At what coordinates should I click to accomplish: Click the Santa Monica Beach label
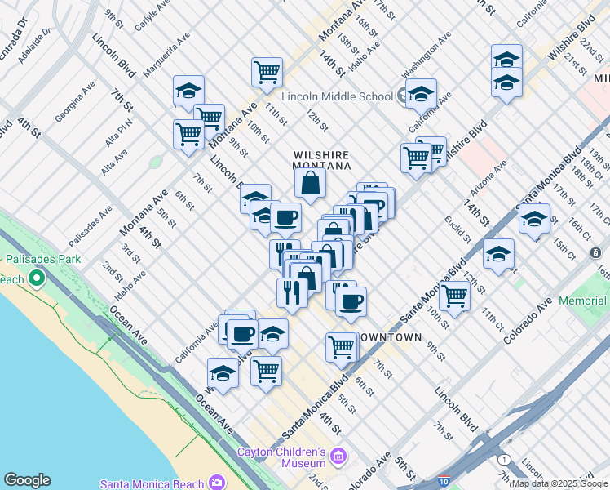(152, 483)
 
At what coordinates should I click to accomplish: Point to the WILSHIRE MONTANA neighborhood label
(321, 160)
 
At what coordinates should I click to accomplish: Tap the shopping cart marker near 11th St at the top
(267, 71)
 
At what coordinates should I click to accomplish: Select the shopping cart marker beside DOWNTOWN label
(342, 346)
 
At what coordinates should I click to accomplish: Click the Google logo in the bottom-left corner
(27, 480)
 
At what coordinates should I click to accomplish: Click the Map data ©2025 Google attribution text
(559, 483)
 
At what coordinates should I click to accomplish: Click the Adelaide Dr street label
(34, 37)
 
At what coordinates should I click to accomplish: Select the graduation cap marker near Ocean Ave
(223, 372)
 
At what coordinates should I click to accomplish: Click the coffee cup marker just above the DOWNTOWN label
(351, 301)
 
